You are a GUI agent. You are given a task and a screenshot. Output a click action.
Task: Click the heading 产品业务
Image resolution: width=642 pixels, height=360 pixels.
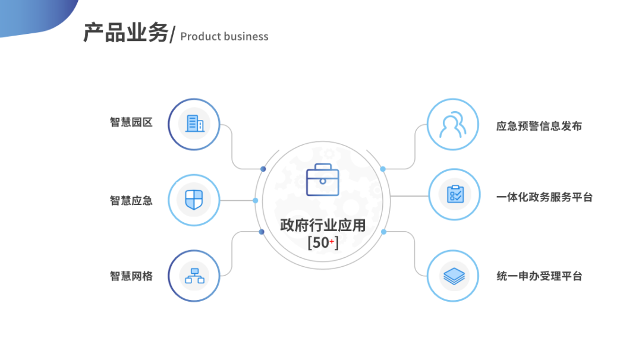pyautogui.click(x=125, y=34)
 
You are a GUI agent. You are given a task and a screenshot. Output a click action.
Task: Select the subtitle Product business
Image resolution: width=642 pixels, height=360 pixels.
pyautogui.click(x=224, y=37)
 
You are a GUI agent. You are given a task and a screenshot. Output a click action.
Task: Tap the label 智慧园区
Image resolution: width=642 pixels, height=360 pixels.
pyautogui.click(x=131, y=122)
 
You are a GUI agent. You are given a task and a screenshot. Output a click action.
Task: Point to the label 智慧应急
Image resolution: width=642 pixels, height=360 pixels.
pyautogui.click(x=131, y=200)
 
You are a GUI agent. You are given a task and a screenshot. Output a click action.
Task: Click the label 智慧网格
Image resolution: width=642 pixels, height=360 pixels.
pyautogui.click(x=131, y=276)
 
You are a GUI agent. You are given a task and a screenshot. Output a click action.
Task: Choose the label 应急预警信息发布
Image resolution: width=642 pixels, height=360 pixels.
pyautogui.click(x=539, y=126)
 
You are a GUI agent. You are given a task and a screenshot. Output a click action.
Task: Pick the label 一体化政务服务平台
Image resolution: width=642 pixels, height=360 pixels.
pyautogui.click(x=544, y=197)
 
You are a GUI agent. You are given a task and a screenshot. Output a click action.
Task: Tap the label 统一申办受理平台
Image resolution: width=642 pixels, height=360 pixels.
pyautogui.click(x=539, y=276)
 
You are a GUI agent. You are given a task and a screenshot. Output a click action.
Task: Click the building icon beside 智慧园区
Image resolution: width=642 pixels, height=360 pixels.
pyautogui.click(x=194, y=124)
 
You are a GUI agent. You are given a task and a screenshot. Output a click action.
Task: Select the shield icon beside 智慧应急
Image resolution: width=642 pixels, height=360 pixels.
pyautogui.click(x=194, y=200)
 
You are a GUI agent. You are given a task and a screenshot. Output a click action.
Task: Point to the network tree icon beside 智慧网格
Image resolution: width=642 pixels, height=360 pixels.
pyautogui.click(x=194, y=276)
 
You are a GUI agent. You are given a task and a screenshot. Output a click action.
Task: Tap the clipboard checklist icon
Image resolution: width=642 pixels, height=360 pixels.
pyautogui.click(x=455, y=194)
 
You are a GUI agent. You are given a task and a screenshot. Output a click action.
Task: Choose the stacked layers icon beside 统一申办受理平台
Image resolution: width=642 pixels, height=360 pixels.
pyautogui.click(x=455, y=276)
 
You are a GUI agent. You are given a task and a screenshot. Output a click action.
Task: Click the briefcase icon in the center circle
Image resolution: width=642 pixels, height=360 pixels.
pyautogui.click(x=322, y=179)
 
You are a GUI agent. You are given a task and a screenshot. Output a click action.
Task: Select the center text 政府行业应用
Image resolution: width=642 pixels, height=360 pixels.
pyautogui.click(x=323, y=226)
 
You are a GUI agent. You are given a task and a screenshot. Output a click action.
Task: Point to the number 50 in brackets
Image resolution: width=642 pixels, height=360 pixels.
pyautogui.click(x=320, y=243)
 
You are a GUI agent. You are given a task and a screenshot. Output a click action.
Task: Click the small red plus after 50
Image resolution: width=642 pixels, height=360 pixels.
pyautogui.click(x=332, y=241)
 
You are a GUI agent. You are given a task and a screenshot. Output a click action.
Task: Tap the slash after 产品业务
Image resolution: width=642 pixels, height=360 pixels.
pyautogui.click(x=172, y=36)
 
